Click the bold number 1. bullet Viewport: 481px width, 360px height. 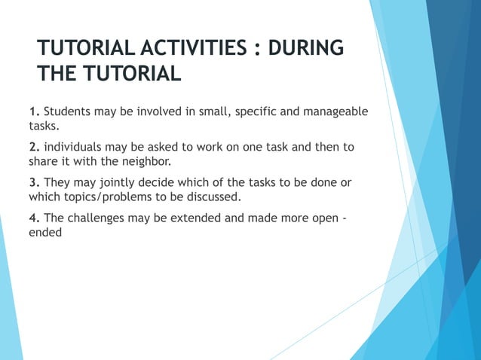click(x=35, y=112)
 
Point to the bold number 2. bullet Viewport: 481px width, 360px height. click(x=35, y=146)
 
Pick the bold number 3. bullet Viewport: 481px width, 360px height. click(x=35, y=183)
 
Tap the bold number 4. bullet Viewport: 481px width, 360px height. click(x=35, y=218)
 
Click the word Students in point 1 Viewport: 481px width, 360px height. click(x=68, y=112)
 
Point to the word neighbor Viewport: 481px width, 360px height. click(x=139, y=160)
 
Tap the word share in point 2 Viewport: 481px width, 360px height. click(x=44, y=160)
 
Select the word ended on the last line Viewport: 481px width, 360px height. click(x=44, y=233)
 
